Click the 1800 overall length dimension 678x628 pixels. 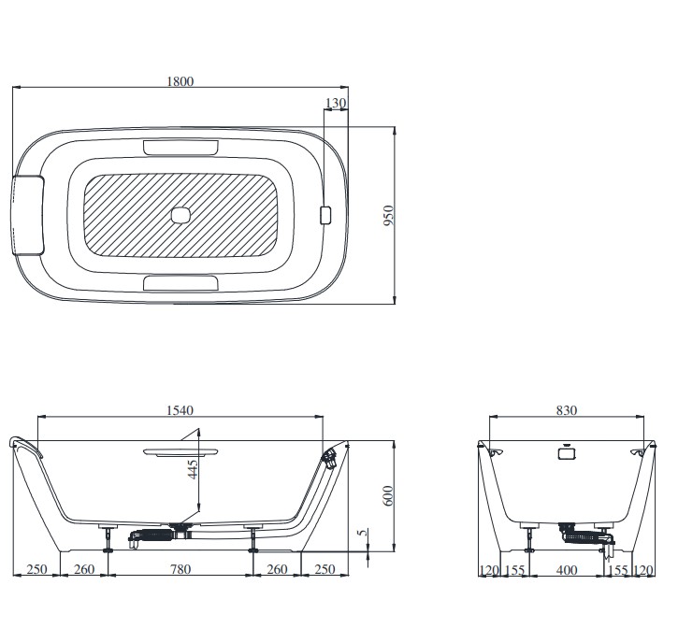point(180,81)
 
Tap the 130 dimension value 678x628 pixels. point(336,103)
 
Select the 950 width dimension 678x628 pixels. point(389,215)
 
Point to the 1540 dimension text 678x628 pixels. point(180,410)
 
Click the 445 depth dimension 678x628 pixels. point(193,469)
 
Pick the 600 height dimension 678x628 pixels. point(388,495)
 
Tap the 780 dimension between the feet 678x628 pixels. point(180,569)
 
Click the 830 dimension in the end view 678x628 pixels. point(567,410)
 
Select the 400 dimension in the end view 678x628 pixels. point(567,570)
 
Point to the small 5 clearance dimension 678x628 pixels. point(364,532)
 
